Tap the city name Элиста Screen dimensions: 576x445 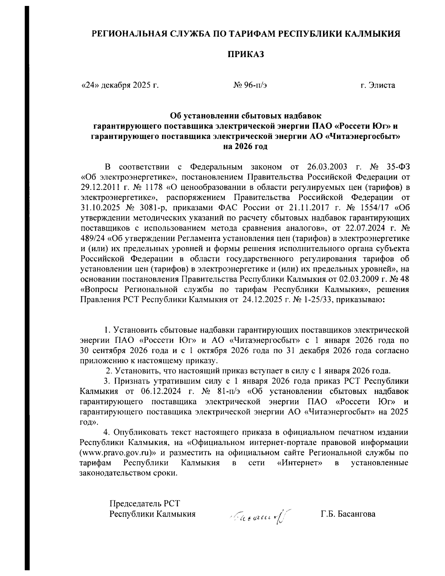click(381, 85)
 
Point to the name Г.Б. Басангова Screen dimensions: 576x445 click(348, 514)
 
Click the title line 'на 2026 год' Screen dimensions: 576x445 click(245, 146)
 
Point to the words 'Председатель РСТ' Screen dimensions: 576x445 click(144, 504)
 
